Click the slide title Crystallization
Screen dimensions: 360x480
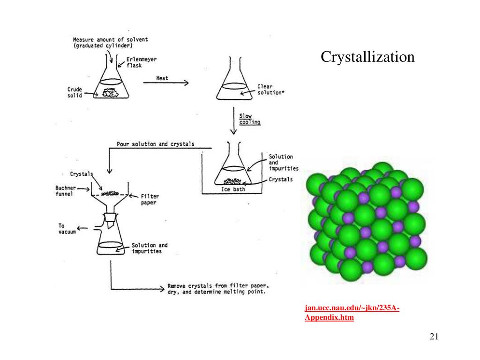[x=367, y=57]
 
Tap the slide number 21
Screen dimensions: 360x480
[x=433, y=337]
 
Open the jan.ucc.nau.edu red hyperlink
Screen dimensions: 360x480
[x=352, y=313]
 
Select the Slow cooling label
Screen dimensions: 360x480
[x=249, y=119]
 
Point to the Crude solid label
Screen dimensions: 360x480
[x=75, y=92]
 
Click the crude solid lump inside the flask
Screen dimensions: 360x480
[x=112, y=93]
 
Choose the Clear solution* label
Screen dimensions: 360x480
[x=270, y=90]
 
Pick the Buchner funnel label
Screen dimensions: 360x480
[x=64, y=191]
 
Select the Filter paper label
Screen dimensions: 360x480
[x=148, y=199]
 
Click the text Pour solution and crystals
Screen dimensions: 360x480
[x=156, y=144]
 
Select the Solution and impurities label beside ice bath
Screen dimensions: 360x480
[x=281, y=162]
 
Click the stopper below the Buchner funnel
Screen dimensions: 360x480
[x=110, y=217]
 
